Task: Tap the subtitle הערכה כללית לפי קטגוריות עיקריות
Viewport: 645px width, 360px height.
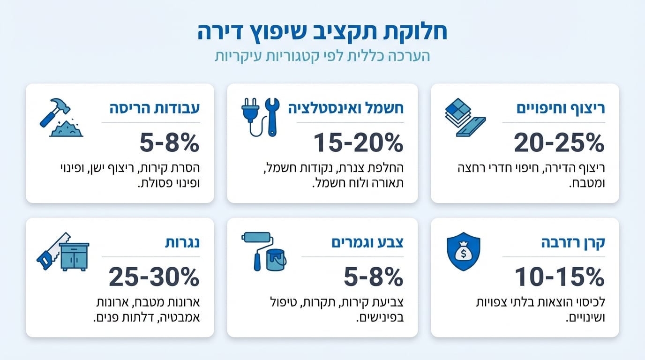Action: tap(322, 56)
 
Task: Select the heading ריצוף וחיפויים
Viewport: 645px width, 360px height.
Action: tap(561, 108)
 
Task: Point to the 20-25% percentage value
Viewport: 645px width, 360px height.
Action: tap(559, 142)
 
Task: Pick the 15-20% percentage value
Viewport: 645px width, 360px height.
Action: tap(358, 142)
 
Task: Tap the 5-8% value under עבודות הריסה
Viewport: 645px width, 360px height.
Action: tap(169, 142)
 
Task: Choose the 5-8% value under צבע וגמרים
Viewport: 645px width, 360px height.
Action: tap(373, 277)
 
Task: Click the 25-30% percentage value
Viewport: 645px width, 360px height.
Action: tap(154, 277)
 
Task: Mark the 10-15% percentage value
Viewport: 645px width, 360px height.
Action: tap(559, 277)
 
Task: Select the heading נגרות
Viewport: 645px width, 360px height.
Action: tap(182, 243)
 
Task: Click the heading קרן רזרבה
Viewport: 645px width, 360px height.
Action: tap(573, 243)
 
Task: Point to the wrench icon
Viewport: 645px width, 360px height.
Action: tap(271, 116)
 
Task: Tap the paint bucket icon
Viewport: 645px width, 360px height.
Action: tap(276, 260)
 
